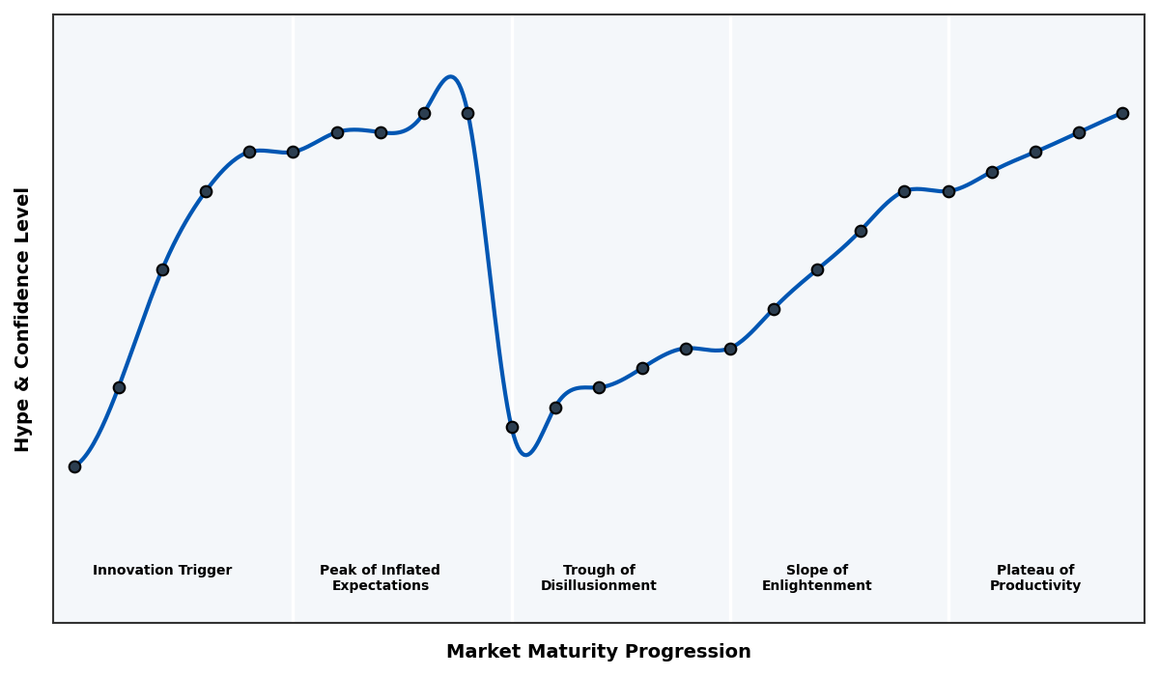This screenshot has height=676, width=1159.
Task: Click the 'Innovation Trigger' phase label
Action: coord(162,571)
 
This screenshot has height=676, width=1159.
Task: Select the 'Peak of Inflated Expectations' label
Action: coord(380,577)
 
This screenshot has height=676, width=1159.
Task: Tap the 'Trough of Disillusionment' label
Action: coord(599,577)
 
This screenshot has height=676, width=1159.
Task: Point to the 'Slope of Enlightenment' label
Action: coord(817,577)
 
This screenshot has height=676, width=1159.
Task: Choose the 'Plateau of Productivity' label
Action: coord(1035,577)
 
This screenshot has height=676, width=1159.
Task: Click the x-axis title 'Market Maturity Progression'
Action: coord(598,652)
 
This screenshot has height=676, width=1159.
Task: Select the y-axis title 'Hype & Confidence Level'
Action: coord(23,319)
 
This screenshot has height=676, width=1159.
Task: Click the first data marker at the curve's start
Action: coord(74,466)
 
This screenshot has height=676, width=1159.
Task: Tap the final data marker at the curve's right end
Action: coord(1122,113)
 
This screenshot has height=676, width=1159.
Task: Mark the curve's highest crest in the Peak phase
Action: coord(450,77)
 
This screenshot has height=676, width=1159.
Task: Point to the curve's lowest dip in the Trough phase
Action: coord(525,454)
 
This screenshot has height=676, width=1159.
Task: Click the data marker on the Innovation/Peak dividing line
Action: coord(293,152)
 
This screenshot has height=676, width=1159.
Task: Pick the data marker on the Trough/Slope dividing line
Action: coord(730,349)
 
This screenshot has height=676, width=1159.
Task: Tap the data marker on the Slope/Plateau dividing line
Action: coord(948,191)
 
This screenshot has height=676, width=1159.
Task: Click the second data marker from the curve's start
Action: coord(119,387)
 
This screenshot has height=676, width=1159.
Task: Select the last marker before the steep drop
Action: coord(467,113)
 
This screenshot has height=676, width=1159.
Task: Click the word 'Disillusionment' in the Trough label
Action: coord(599,586)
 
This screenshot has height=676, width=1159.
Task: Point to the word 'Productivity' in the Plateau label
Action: coord(1035,586)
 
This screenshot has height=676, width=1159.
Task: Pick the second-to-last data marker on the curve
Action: coord(1079,132)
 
